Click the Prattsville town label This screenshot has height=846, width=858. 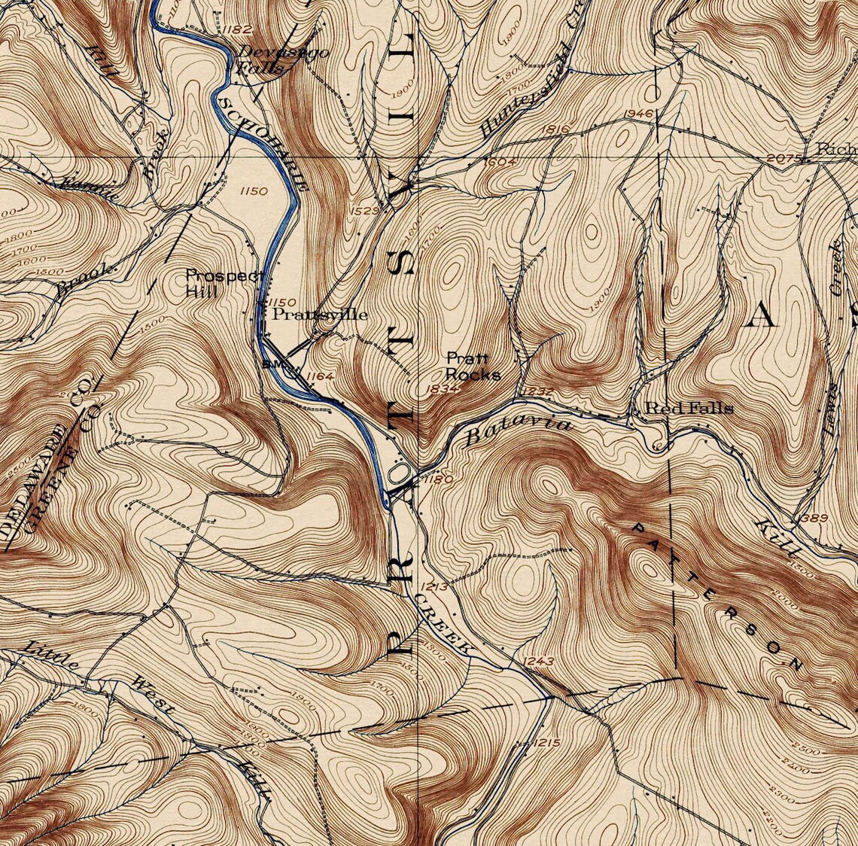(x=320, y=314)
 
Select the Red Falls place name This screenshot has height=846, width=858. (x=689, y=408)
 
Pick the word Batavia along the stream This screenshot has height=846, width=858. (x=519, y=431)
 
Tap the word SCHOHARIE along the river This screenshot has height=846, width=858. (x=263, y=143)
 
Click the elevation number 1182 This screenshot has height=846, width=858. (x=237, y=29)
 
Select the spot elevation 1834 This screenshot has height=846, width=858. (x=442, y=388)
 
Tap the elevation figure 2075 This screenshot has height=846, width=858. (x=780, y=158)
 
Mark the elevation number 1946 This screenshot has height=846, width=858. (x=637, y=114)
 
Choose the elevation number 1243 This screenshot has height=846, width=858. (x=537, y=662)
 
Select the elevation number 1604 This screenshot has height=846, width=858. (x=500, y=161)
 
